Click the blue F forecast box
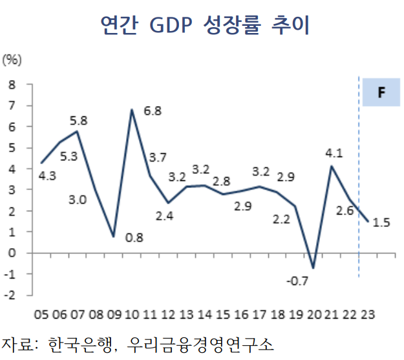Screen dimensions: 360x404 pyautogui.click(x=381, y=92)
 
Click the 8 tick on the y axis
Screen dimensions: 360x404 pyautogui.click(x=12, y=85)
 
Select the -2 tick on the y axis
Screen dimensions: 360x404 pyautogui.click(x=10, y=295)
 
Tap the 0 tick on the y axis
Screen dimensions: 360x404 pyautogui.click(x=12, y=253)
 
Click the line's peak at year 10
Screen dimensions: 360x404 pyautogui.click(x=132, y=110)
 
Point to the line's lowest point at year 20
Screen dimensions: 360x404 pyautogui.click(x=313, y=268)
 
